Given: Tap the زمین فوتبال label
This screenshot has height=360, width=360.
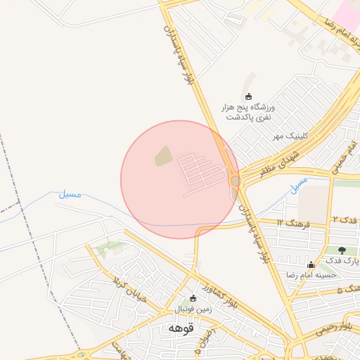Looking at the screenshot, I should click(x=193, y=309).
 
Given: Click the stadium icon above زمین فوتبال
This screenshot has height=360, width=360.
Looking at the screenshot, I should click(x=193, y=298).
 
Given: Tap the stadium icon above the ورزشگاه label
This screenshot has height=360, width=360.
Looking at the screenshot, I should click(x=247, y=96).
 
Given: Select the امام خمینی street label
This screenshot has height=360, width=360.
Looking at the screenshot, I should click(x=343, y=160).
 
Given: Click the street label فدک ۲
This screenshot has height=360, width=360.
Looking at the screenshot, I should click(x=345, y=220).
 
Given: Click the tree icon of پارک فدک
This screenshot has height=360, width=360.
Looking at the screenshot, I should click(x=342, y=250).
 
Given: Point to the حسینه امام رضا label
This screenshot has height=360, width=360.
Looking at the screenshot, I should click(x=310, y=276).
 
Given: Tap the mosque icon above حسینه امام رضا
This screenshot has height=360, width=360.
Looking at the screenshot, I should click(x=311, y=264).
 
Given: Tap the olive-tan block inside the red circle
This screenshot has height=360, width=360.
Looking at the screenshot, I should click(x=163, y=156).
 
